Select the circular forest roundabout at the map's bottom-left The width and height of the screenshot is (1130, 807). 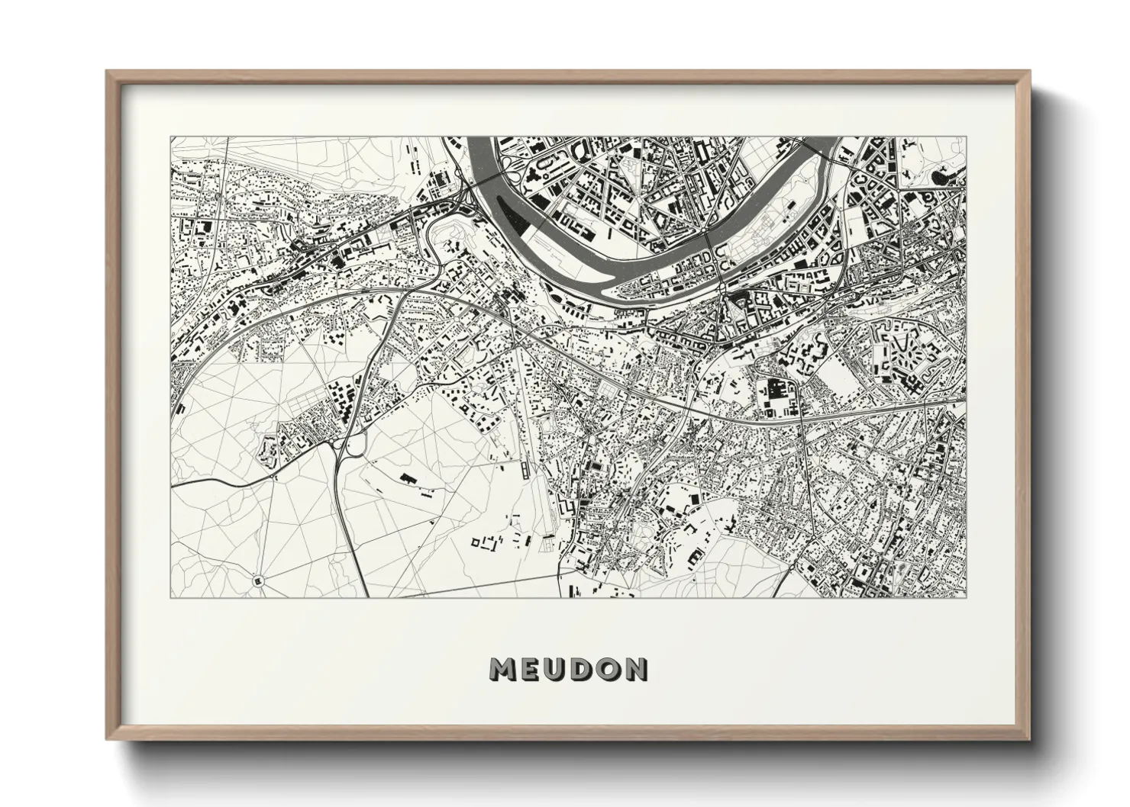[x=258, y=580]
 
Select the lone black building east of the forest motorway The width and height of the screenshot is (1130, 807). [x=408, y=479]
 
